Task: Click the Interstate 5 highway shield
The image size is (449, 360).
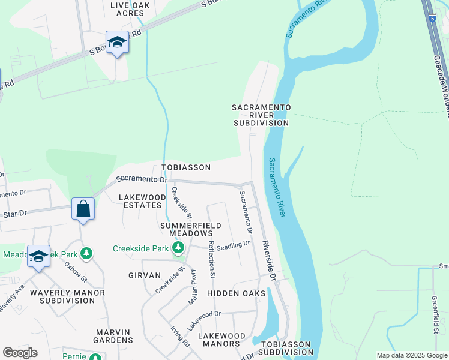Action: pos(433,18)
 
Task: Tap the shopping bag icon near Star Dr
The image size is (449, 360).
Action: pos(83,209)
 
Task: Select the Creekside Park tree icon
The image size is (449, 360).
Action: pos(178,248)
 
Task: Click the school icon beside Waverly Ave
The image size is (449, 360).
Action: pos(38,257)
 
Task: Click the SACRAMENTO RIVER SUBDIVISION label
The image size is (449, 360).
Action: pos(261,115)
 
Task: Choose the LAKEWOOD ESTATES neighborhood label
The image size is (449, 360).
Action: pos(142,201)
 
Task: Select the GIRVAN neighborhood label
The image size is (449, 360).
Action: pos(145,275)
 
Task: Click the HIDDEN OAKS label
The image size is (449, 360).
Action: pos(236,293)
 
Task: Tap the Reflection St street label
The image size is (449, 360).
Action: pos(211,259)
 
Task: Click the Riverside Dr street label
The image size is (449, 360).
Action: pos(268,261)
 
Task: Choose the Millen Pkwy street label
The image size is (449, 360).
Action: pos(193,286)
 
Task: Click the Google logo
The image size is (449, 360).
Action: pos(20,353)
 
